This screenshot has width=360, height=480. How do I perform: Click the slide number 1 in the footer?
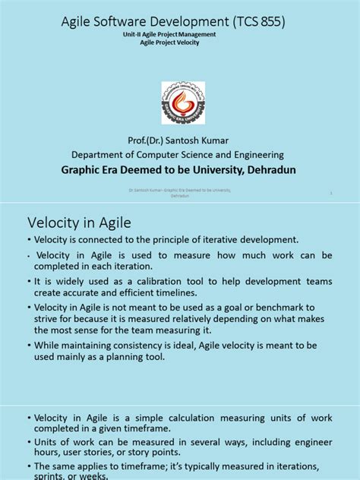pos(332,194)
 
